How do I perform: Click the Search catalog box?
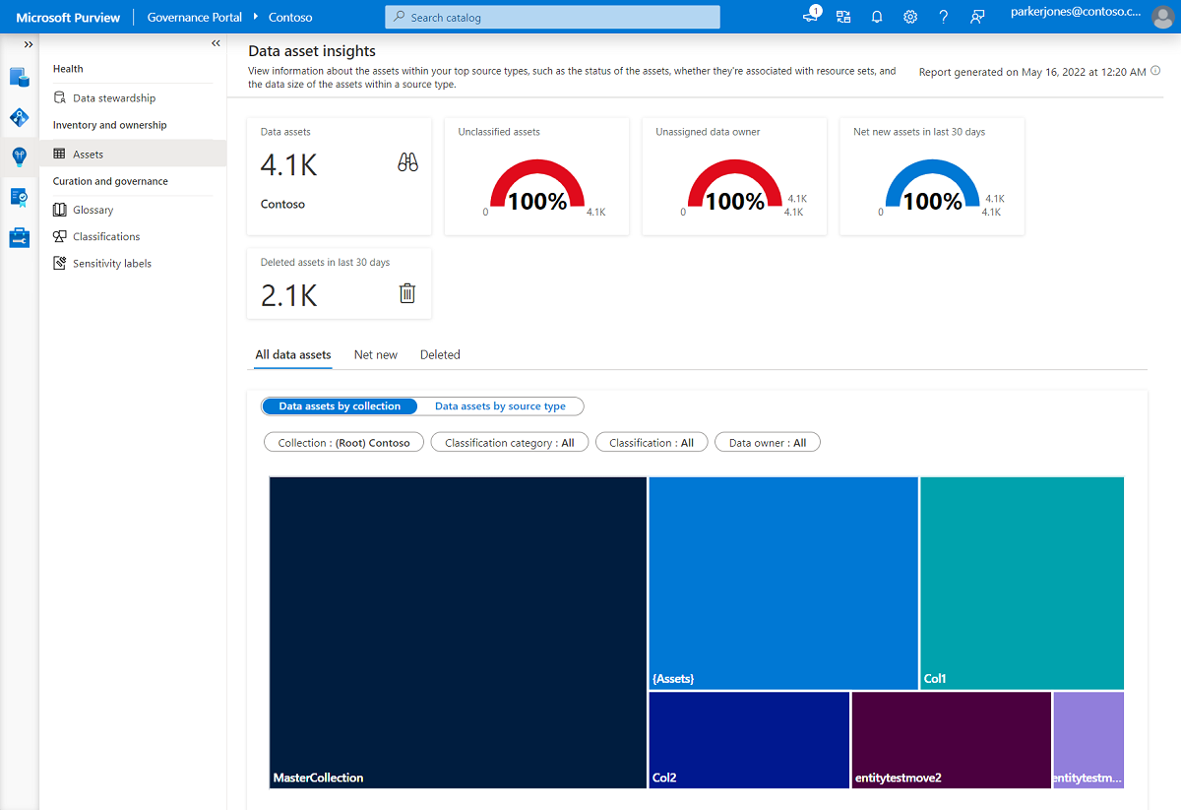pyautogui.click(x=552, y=18)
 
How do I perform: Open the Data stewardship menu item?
pyautogui.click(x=113, y=98)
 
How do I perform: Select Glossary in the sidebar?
pyautogui.click(x=93, y=210)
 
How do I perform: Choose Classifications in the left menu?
pyautogui.click(x=105, y=237)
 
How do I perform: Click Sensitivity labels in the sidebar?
pyautogui.click(x=111, y=264)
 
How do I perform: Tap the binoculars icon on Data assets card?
pyautogui.click(x=407, y=163)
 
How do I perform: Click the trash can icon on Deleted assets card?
pyautogui.click(x=407, y=293)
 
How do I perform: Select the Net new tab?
pyautogui.click(x=376, y=355)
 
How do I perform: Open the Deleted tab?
pyautogui.click(x=440, y=355)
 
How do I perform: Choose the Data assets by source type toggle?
pyautogui.click(x=500, y=406)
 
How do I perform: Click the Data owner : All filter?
pyautogui.click(x=767, y=443)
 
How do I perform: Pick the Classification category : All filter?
pyautogui.click(x=509, y=443)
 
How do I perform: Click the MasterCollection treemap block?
pyautogui.click(x=458, y=633)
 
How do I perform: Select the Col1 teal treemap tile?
pyautogui.click(x=1022, y=583)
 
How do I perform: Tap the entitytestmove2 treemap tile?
pyautogui.click(x=951, y=739)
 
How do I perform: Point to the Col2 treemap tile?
pyautogui.click(x=748, y=739)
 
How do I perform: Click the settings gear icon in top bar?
pyautogui.click(x=910, y=18)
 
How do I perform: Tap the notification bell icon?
pyautogui.click(x=877, y=18)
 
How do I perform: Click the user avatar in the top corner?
pyautogui.click(x=1162, y=18)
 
